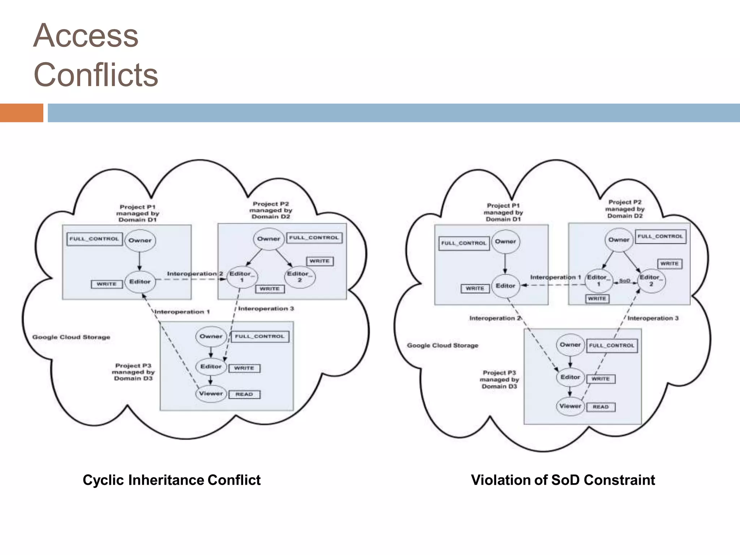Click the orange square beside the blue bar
coord(21,113)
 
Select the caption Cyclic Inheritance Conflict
coord(171,480)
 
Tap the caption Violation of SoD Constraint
coord(563,480)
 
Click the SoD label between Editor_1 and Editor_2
coord(624,281)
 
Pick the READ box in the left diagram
coord(244,394)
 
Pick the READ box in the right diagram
coord(601,407)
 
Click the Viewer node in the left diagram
coord(211,393)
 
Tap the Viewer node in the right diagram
coord(570,406)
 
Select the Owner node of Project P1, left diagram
coord(140,240)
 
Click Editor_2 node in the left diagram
coord(300,277)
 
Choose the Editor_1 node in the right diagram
coord(598,280)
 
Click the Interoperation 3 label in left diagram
coord(266,309)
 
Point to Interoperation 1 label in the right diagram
coord(555,277)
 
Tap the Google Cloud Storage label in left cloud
coord(71,337)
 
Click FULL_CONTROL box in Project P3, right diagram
coord(611,345)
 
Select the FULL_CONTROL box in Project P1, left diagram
coord(94,239)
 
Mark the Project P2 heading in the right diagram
coord(625,209)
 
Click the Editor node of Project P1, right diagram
coord(505,286)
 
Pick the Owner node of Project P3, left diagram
coord(211,336)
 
